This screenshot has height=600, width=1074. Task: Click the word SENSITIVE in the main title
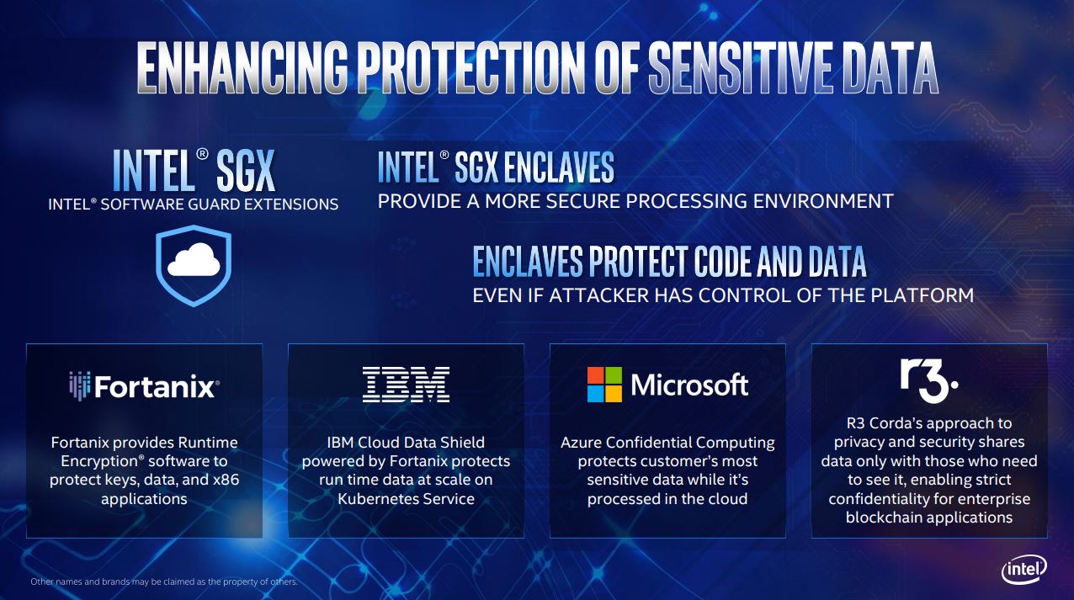pos(741,67)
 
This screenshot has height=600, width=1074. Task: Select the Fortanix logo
pos(144,386)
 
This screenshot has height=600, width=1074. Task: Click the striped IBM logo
pos(406,385)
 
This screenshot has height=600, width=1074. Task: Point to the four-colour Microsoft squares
pos(604,385)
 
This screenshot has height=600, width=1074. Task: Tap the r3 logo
pos(928,381)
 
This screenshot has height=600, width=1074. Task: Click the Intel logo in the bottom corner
pos(1024,570)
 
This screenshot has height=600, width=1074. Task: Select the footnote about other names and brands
pos(164,581)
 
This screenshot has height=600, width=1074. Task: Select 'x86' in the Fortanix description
pos(226,480)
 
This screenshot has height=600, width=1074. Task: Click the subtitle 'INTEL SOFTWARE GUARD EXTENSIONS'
pos(194,204)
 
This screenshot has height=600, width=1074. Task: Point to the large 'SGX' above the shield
pos(246,170)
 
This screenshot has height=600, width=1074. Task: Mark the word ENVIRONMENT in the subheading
pos(823,201)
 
